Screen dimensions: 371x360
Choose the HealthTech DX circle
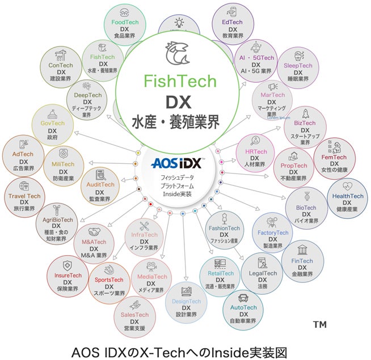click(x=347, y=199)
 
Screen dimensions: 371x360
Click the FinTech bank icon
click(x=303, y=249)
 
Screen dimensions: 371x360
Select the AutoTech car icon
click(x=243, y=298)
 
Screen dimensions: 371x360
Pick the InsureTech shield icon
click(x=68, y=265)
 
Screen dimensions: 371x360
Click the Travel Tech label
click(x=24, y=196)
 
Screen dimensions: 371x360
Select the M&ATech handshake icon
click(x=94, y=232)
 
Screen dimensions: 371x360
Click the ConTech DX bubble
click(x=61, y=68)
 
